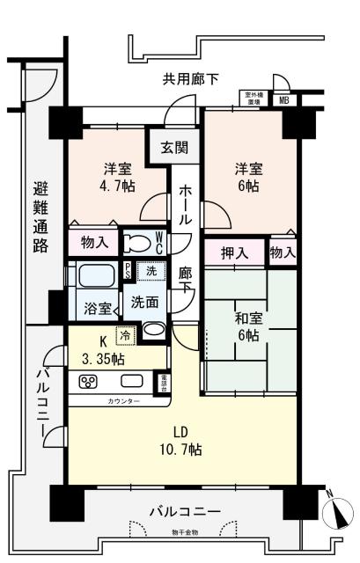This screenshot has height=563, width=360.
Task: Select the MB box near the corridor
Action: click(283, 99)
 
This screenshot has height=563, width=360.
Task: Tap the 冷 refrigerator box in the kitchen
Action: click(125, 334)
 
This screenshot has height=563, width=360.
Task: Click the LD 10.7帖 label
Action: click(181, 440)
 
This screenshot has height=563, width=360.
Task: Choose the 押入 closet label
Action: click(235, 253)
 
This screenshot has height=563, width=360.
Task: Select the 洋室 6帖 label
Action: click(247, 177)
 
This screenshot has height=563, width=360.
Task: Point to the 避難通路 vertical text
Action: click(40, 216)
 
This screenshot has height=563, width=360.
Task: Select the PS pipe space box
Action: click(129, 271)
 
